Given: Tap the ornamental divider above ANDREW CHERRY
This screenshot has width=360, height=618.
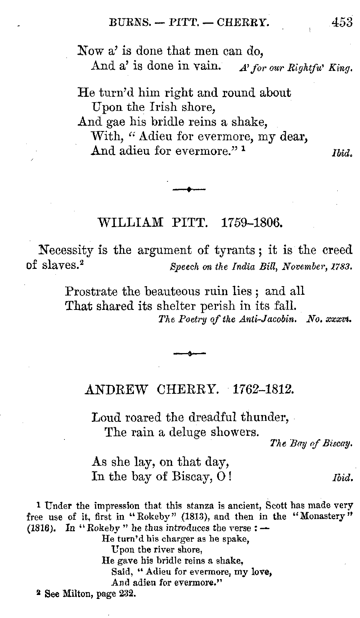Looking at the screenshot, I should click(189, 354).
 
